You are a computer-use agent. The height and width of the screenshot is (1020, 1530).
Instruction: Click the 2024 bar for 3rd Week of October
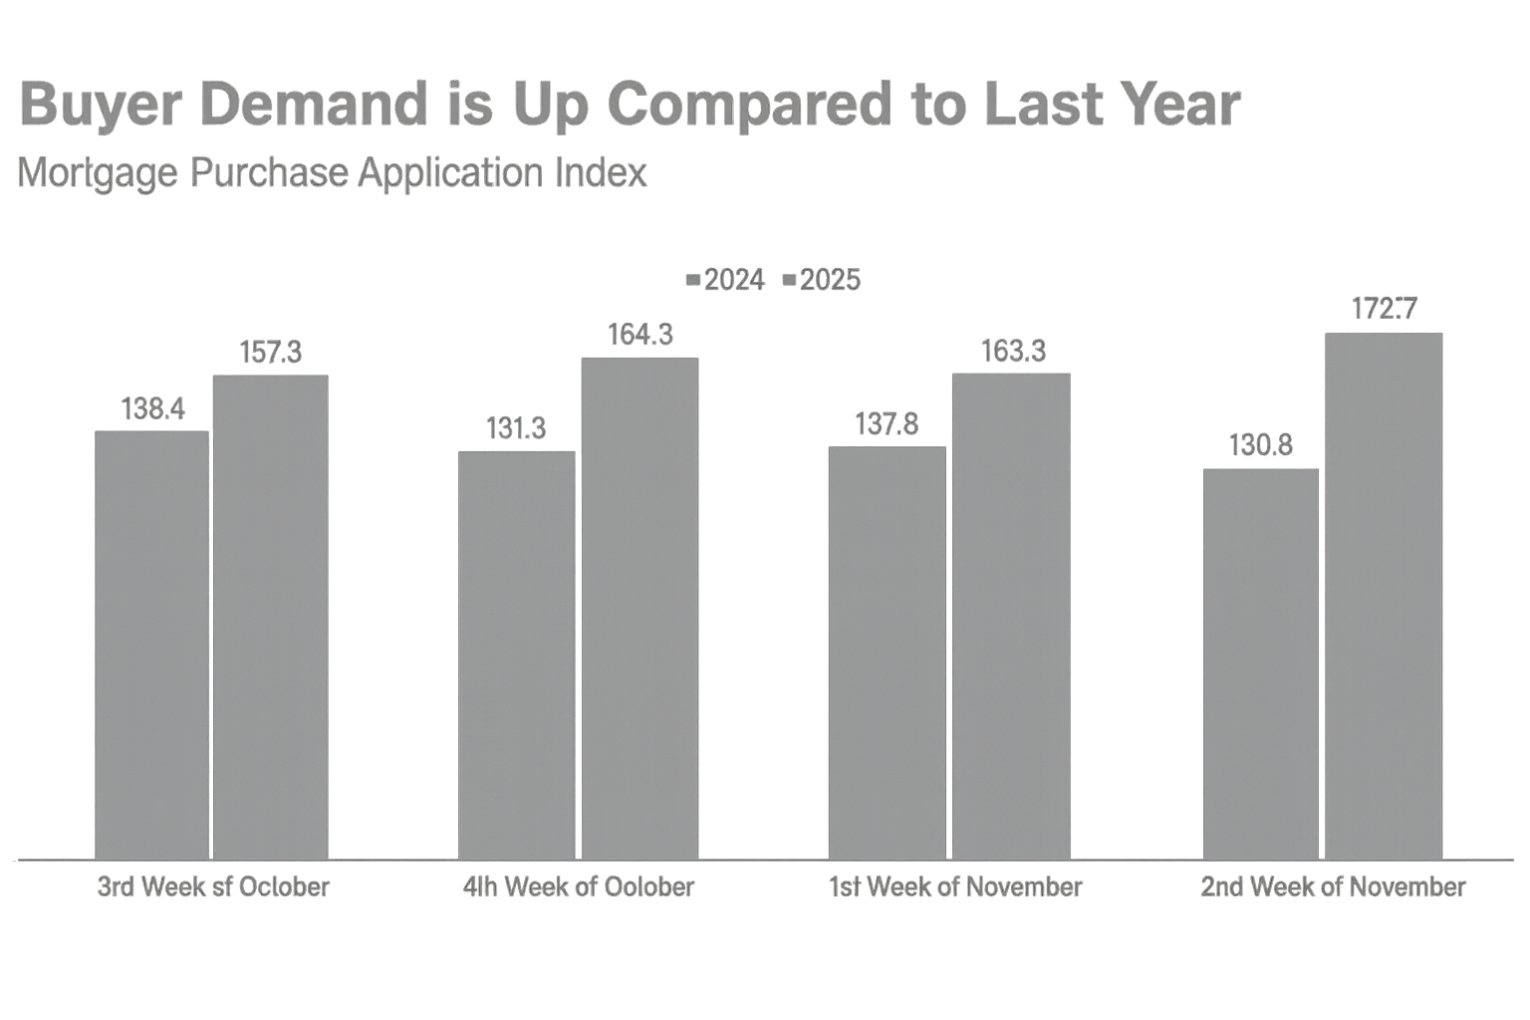pos(152,644)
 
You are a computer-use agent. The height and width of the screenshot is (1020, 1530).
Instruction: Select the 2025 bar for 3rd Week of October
pos(271,617)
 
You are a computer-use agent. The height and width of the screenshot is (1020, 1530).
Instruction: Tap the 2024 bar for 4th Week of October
pos(516,654)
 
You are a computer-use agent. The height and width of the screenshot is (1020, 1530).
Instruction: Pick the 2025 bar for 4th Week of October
pos(639,608)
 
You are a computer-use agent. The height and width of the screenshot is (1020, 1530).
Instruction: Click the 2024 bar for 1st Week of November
pos(888,652)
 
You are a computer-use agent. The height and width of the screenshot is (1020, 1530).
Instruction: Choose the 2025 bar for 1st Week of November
pos(1011,616)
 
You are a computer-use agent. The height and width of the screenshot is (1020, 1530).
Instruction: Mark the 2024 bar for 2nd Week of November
pos(1261,663)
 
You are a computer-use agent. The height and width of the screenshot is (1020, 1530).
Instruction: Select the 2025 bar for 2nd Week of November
pos(1384,596)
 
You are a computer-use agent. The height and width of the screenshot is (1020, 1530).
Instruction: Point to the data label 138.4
pos(152,408)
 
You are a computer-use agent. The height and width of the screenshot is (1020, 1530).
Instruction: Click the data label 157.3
pos(271,352)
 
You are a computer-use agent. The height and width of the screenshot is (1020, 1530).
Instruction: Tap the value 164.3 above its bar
pos(639,335)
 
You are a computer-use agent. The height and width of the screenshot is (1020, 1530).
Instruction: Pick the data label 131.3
pos(516,428)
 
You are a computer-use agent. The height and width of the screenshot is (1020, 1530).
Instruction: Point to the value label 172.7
pos(1384,309)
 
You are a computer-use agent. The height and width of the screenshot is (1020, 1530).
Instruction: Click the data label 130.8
pos(1261,445)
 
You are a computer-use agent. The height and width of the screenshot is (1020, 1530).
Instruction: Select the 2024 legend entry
pos(726,280)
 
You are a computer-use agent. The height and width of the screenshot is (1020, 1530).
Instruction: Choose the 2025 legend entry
pos(823,280)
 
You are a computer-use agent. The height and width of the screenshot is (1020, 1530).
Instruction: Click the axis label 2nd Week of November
pos(1333,887)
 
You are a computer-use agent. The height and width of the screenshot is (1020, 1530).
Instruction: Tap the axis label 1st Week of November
pos(956,887)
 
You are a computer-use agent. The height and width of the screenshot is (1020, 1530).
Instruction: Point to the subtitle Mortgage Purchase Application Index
pos(333,173)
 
